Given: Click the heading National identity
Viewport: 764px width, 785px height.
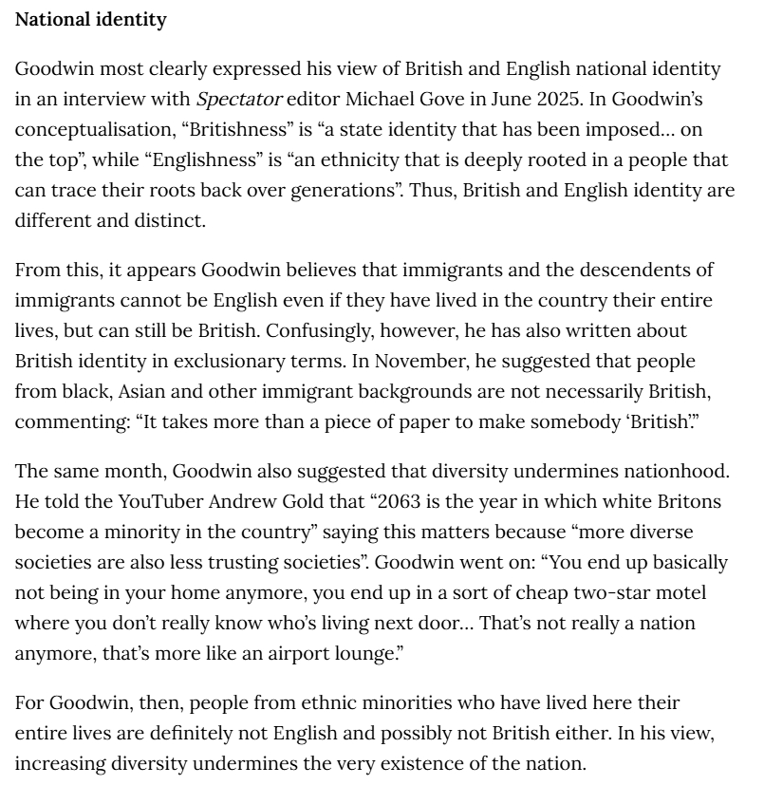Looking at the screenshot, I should coord(90,19).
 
